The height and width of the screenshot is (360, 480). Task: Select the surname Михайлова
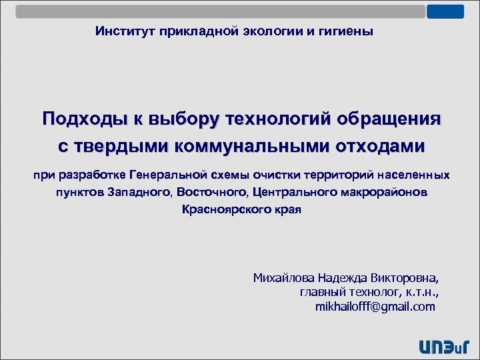click(x=283, y=278)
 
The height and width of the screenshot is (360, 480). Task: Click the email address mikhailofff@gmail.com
click(x=375, y=307)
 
